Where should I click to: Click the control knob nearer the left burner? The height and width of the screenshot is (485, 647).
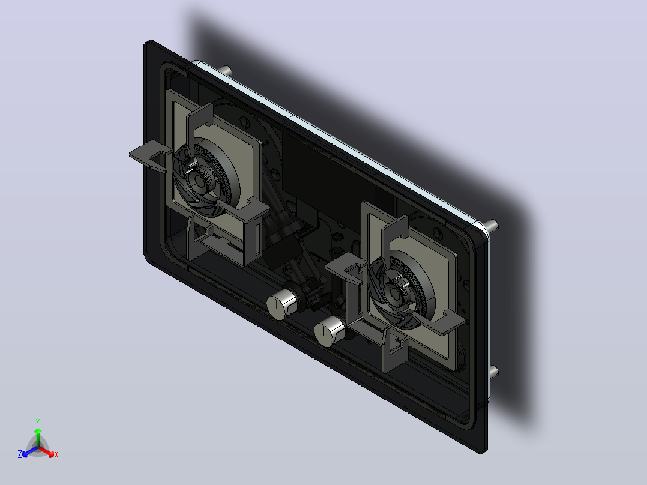coord(282,304)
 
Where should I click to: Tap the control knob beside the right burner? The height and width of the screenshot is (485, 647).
coord(330,331)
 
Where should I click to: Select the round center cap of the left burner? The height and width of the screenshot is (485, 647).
coord(199,181)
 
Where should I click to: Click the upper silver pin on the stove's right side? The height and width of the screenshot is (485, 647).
coord(490,226)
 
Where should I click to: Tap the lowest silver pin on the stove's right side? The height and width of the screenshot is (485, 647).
coord(493,372)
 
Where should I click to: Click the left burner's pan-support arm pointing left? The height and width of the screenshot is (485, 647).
coord(150,155)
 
